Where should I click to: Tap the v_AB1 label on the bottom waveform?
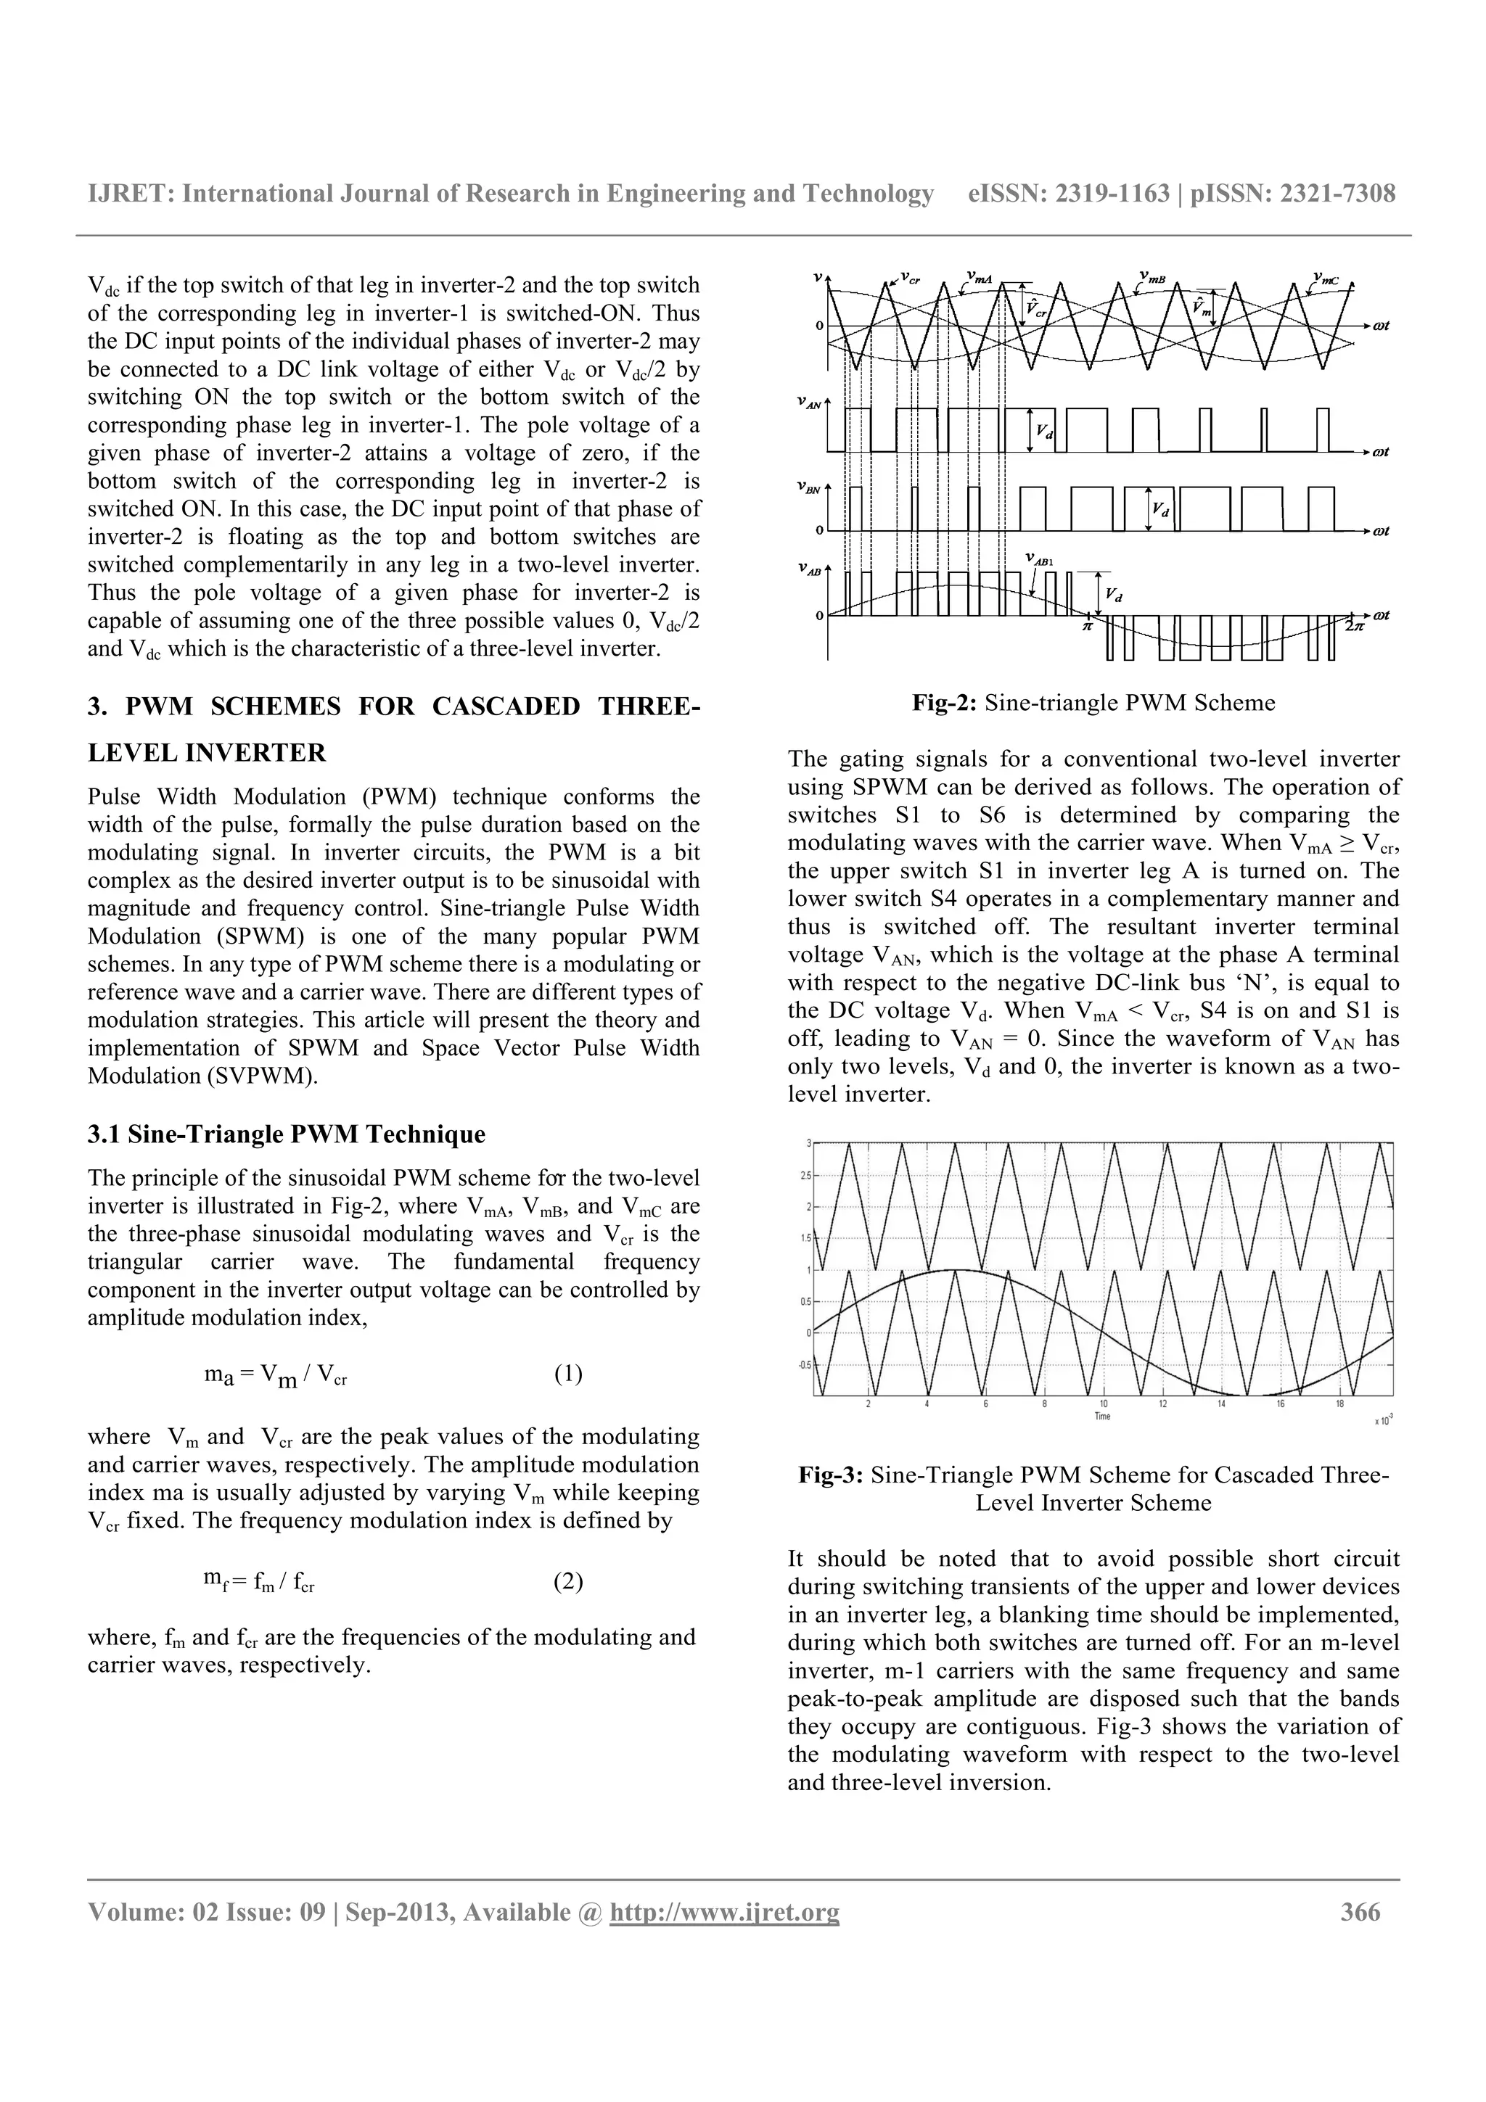(1038, 559)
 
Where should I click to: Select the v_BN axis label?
(808, 488)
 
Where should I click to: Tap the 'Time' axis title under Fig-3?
(1102, 1417)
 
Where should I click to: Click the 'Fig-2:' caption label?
(944, 703)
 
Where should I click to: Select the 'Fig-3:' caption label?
(831, 1475)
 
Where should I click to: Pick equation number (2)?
(567, 1581)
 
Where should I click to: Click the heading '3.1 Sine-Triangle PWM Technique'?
(287, 1134)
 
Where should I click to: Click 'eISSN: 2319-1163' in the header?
(1069, 193)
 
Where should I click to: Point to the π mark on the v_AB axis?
(1088, 627)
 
